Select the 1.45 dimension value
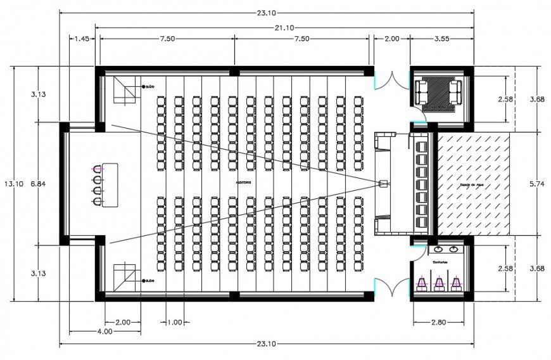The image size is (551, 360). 80,39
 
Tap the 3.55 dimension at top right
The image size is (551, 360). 441,39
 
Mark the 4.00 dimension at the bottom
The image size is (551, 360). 105,331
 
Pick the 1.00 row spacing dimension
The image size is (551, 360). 174,322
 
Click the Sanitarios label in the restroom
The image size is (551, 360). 441,260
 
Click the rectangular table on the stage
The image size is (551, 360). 109,184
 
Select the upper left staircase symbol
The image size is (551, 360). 125,90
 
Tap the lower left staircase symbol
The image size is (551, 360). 125,277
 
